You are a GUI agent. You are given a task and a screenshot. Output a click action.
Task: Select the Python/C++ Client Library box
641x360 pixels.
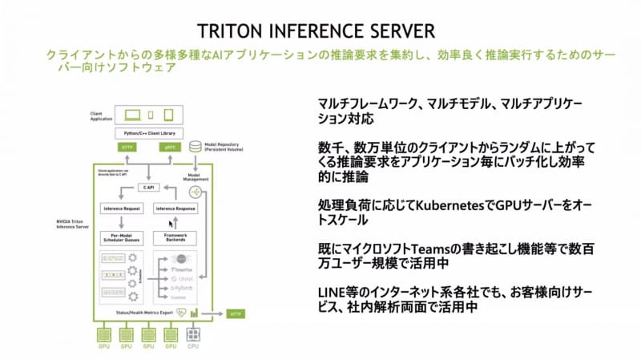149,132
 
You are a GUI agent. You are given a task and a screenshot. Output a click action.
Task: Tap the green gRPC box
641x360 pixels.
170,148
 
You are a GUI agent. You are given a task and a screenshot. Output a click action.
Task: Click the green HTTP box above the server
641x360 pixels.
127,148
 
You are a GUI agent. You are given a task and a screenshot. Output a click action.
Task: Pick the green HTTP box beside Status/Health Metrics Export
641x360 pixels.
237,313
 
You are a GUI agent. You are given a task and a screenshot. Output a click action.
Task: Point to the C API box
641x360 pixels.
147,187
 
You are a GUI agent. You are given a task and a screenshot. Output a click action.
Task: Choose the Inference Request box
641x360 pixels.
122,208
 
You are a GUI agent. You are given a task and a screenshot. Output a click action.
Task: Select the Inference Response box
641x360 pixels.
175,208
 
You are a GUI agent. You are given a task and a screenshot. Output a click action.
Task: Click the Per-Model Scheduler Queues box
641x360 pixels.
122,238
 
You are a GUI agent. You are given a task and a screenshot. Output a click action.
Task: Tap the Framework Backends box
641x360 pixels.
175,238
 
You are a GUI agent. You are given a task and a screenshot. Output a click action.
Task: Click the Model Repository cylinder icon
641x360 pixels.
195,147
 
